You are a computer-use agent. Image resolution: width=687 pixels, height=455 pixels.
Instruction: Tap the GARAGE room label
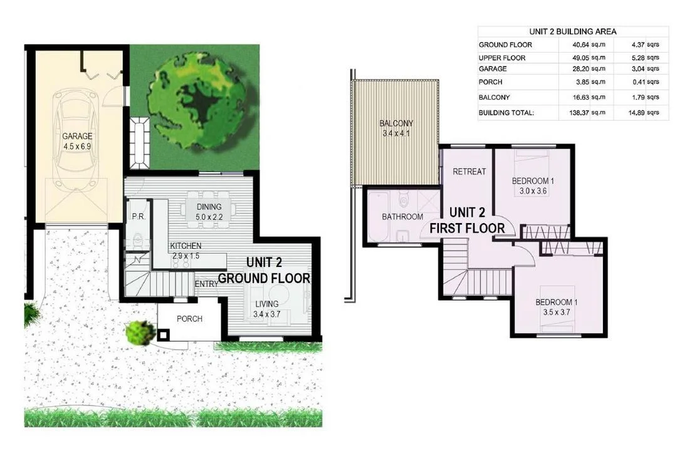(x=77, y=141)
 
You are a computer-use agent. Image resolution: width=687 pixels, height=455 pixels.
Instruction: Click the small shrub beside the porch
(x=140, y=332)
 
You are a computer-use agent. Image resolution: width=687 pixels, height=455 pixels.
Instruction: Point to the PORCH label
(x=189, y=319)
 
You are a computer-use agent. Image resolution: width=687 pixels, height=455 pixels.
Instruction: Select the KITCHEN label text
(x=186, y=246)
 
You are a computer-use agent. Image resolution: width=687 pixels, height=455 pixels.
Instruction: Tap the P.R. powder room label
(x=138, y=217)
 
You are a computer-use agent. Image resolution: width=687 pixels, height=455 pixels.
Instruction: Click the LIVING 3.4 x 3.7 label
(x=266, y=309)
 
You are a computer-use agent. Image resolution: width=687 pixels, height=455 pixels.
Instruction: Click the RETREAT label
(x=469, y=171)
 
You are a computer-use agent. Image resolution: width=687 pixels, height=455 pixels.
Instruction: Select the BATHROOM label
(x=402, y=217)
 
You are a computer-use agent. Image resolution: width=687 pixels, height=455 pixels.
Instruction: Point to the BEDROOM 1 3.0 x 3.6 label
(x=533, y=186)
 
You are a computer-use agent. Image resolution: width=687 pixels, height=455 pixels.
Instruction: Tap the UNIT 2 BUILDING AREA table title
(x=573, y=31)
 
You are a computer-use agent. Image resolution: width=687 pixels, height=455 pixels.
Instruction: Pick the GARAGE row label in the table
(x=493, y=69)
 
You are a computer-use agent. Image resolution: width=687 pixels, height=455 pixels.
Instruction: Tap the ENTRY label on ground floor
(x=206, y=285)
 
